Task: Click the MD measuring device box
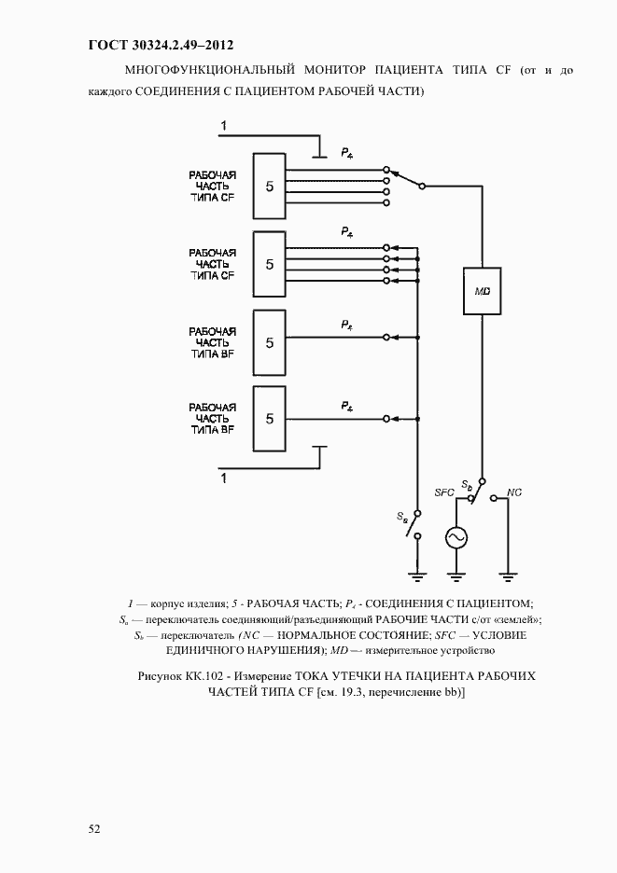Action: click(x=482, y=291)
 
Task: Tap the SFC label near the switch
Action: click(x=443, y=492)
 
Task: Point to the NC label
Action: click(x=514, y=492)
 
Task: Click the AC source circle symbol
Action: click(x=456, y=538)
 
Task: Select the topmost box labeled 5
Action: click(x=270, y=187)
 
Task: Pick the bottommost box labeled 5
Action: click(x=270, y=419)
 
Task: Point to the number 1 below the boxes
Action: click(x=223, y=478)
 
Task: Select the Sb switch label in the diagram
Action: click(x=467, y=486)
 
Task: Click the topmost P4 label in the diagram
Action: click(x=346, y=151)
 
